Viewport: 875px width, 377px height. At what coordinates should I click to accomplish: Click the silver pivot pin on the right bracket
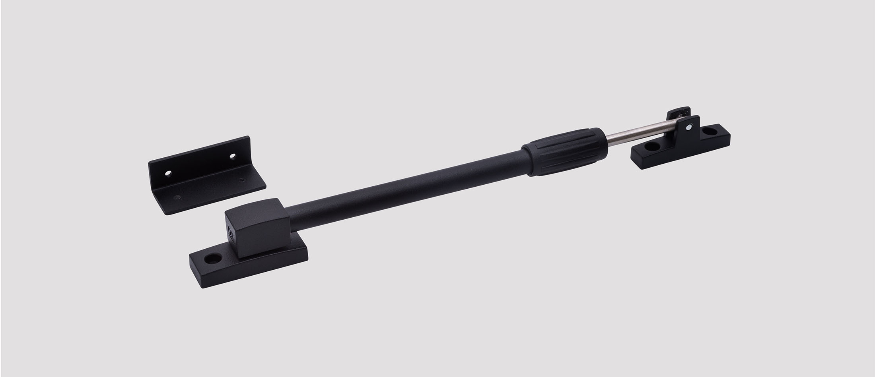688,127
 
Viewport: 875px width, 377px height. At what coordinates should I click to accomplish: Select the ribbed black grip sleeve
567,151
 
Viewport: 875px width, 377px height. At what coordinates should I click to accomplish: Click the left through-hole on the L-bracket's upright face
169,173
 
